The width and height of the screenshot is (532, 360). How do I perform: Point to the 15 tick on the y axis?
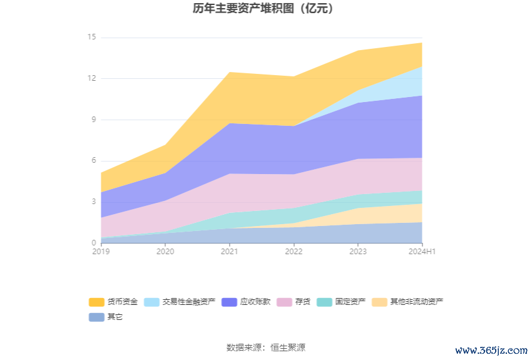(91, 37)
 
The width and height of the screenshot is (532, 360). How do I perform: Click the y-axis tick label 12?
(91, 78)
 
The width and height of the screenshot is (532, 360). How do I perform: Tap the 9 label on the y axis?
(93, 120)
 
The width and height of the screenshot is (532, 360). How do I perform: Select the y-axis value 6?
(93, 160)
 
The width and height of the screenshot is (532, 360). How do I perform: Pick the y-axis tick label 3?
(93, 202)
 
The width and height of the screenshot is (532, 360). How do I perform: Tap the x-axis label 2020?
(165, 252)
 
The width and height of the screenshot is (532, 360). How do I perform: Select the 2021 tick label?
(229, 252)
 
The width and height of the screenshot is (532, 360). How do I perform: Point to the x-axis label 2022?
(294, 252)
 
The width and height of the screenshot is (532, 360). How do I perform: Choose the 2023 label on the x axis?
(358, 252)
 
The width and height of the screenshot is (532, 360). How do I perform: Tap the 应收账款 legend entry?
(255, 302)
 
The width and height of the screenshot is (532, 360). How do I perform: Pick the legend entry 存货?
(302, 302)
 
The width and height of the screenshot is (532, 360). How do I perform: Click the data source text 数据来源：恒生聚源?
(265, 347)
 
